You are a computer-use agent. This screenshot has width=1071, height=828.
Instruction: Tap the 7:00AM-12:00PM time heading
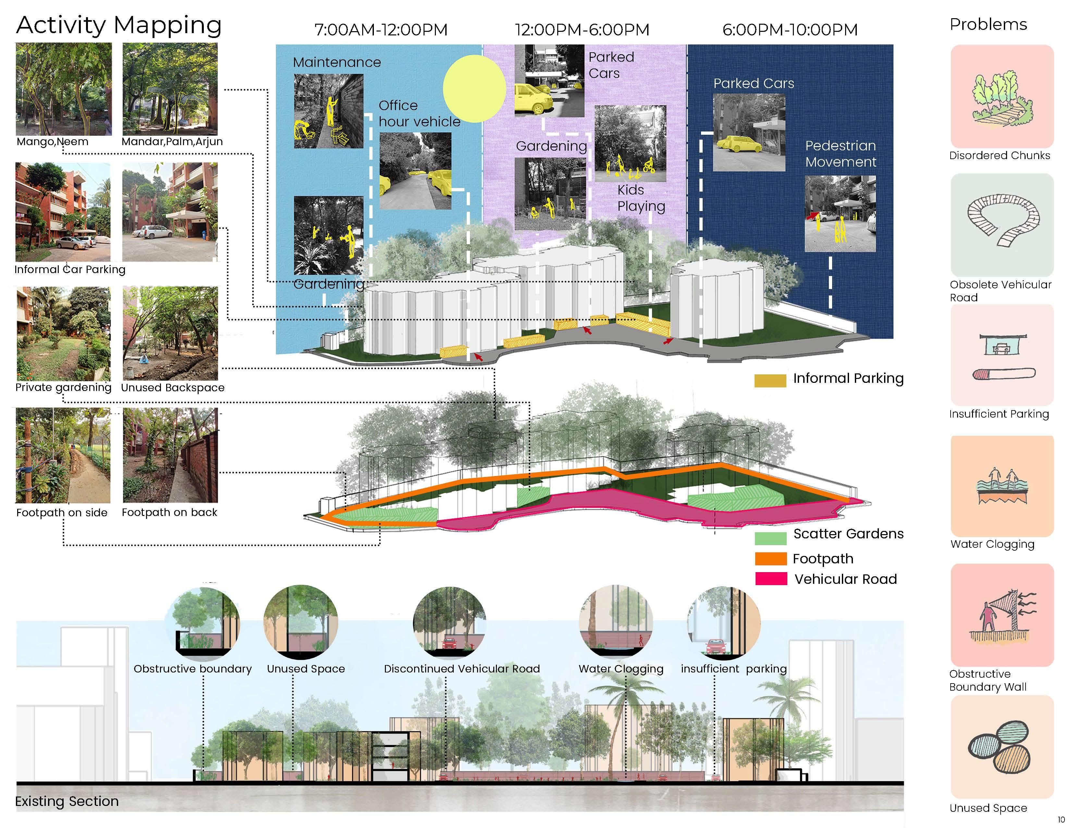point(381,30)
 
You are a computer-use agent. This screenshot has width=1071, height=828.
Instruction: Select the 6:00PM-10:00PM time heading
point(790,30)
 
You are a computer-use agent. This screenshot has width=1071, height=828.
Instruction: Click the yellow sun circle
point(474,88)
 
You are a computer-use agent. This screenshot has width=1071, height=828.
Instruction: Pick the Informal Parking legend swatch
point(770,381)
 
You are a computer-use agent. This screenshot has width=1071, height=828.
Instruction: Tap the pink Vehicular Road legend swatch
point(771,579)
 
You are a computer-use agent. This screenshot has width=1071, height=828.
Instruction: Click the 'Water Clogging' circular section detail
point(616,622)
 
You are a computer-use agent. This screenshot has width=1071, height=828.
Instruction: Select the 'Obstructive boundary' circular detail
point(203,622)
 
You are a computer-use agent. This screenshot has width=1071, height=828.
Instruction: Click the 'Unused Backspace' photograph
point(170,333)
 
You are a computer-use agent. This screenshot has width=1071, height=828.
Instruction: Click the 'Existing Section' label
point(67,801)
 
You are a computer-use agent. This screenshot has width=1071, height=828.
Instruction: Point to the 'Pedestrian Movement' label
point(841,154)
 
